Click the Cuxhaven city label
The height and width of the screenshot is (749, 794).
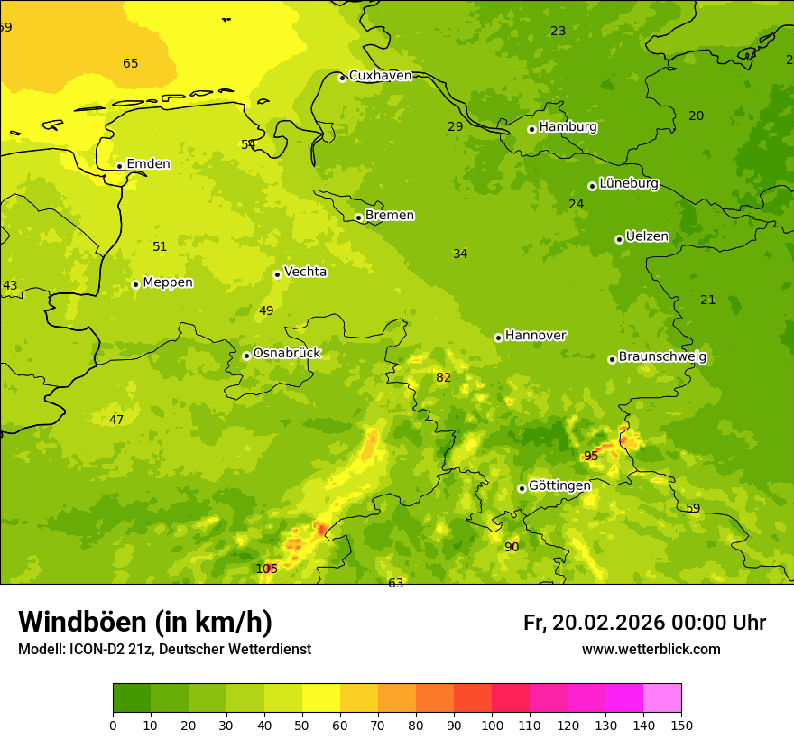(380, 76)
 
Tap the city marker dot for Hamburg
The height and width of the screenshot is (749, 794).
(531, 129)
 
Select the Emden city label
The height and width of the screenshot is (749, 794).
(148, 164)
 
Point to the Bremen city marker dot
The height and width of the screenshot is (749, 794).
(358, 217)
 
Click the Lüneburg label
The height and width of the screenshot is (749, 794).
(628, 183)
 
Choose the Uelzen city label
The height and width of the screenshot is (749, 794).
(647, 237)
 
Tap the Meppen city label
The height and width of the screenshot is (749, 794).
(167, 282)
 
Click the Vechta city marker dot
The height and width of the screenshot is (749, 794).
(277, 274)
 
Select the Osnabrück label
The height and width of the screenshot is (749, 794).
(287, 353)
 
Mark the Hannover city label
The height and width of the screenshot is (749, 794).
(535, 336)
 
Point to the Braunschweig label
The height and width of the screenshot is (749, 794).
(662, 357)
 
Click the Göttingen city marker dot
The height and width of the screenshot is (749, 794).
(522, 488)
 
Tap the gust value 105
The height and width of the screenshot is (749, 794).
(267, 569)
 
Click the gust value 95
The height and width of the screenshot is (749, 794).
(591, 457)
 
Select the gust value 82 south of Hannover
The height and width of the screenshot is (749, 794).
(443, 378)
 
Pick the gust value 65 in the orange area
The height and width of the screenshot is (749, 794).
(131, 64)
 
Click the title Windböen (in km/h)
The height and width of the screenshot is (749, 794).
(145, 622)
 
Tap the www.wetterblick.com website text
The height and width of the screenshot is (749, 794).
(651, 650)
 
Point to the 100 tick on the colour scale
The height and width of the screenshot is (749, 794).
(492, 725)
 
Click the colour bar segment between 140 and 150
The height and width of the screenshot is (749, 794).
(662, 698)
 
